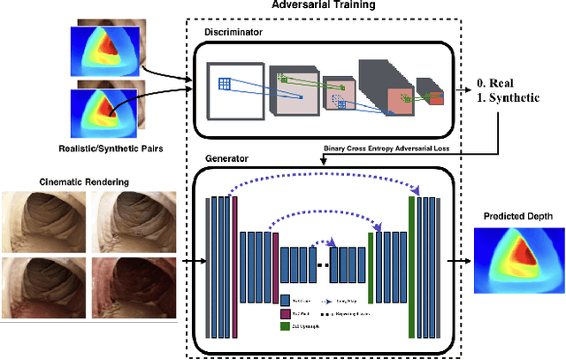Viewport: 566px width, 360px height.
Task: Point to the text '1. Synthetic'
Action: click(x=507, y=97)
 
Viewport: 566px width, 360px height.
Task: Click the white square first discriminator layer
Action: click(x=236, y=92)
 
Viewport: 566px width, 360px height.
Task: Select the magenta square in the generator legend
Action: click(x=285, y=313)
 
